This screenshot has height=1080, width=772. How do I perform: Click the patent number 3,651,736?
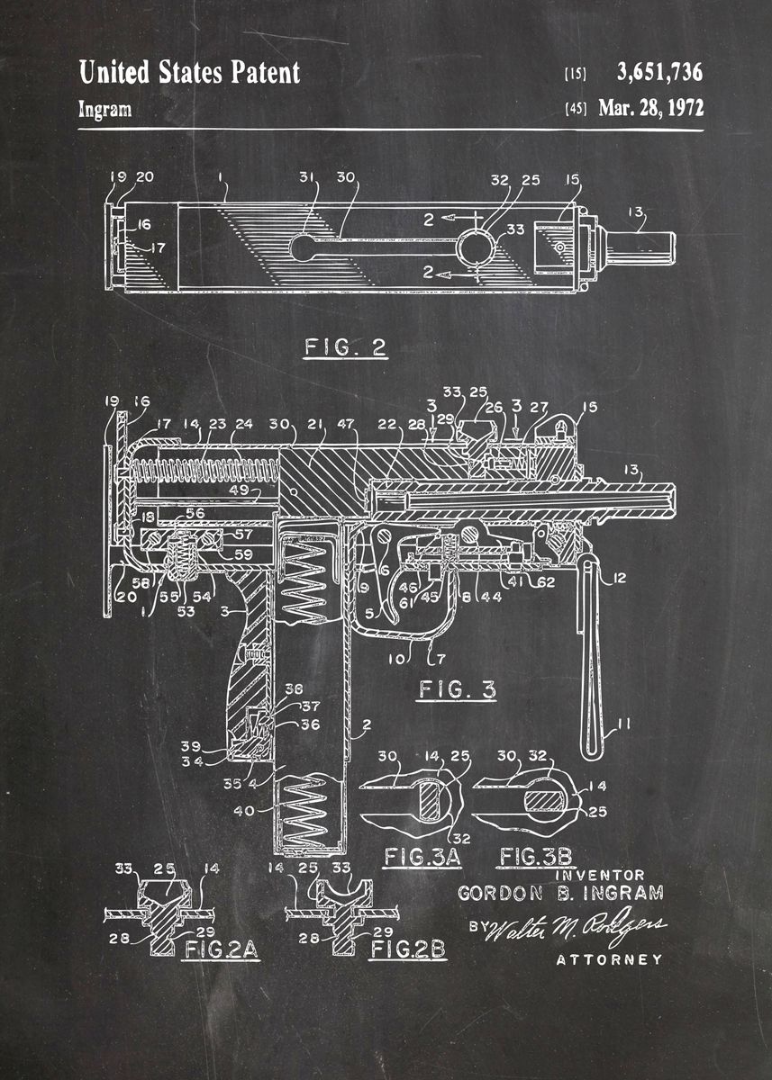[659, 72]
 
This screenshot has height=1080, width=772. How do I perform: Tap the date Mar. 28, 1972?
[650, 108]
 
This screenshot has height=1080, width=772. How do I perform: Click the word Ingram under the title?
[104, 110]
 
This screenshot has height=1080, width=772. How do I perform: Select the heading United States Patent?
[189, 72]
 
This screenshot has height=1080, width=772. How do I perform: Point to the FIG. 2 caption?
[345, 347]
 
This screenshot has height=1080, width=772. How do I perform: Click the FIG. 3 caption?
[456, 690]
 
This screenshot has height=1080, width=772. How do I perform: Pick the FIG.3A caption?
[422, 856]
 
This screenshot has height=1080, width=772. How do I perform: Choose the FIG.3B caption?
[537, 856]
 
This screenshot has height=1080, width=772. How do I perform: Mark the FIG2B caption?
[410, 949]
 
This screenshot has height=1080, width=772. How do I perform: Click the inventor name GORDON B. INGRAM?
[560, 894]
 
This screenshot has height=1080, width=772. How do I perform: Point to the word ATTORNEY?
[609, 959]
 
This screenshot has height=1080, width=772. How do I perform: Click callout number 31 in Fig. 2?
[308, 178]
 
